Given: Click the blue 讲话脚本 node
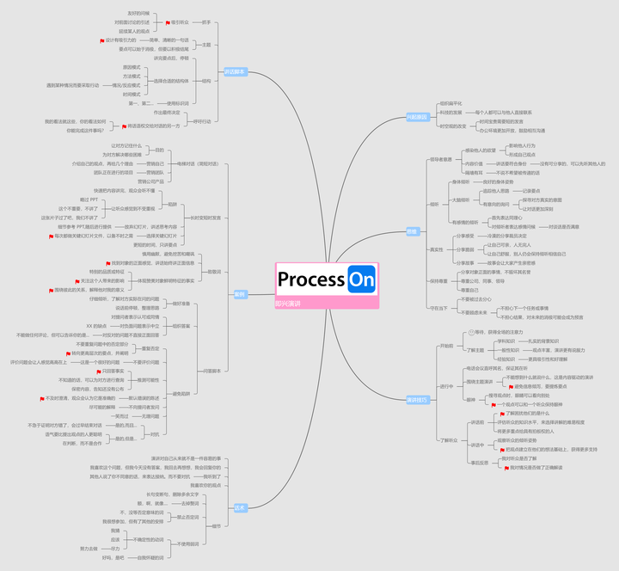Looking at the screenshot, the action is pos(235,71).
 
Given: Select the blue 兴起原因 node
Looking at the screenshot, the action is pos(417,117).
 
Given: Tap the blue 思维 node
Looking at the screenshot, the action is pos(412,231).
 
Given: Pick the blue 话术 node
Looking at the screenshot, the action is pos(240,507).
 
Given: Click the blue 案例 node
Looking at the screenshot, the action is pos(240,294).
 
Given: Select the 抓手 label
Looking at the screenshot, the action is pos(206,23).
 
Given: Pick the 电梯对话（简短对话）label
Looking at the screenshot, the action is pos(199,163).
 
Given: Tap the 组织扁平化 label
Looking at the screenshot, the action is pos(450,103).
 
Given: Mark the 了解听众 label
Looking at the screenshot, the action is pos(448,440).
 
